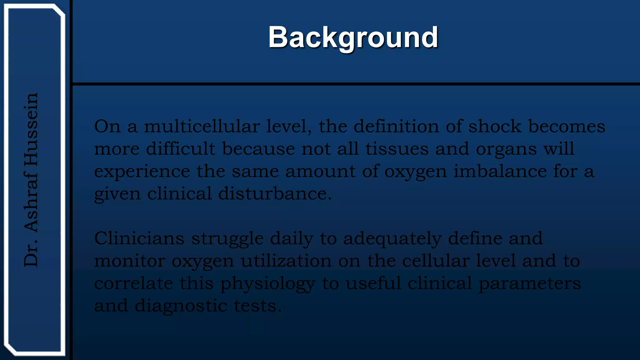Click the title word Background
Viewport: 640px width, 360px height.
(x=353, y=37)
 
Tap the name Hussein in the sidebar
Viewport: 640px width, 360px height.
(x=31, y=129)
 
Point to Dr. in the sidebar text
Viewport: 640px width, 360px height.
(x=31, y=255)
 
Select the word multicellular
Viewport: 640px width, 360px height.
(x=202, y=127)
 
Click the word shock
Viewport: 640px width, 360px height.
(x=495, y=127)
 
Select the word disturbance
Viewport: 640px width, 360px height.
(x=275, y=193)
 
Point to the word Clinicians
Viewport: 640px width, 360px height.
(x=139, y=238)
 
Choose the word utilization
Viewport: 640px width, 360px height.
(x=286, y=261)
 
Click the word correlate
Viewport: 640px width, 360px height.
(x=133, y=283)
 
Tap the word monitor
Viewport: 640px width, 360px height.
(x=129, y=261)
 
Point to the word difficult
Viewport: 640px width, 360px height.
(x=181, y=149)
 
